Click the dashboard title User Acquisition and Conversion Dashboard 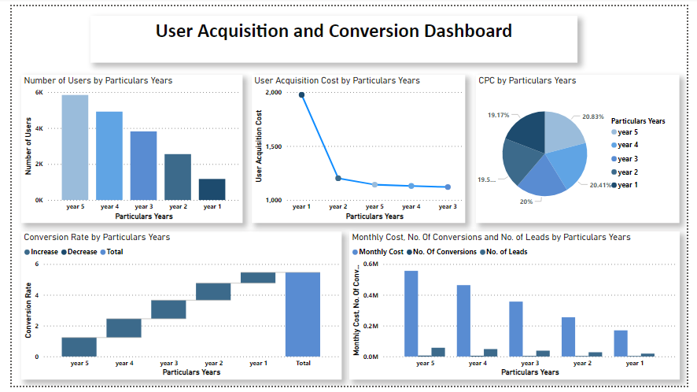tap(334, 31)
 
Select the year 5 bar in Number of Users tap(75, 147)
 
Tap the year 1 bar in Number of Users tap(212, 190)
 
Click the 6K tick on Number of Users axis tap(39, 93)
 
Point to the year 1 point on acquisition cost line tap(301, 95)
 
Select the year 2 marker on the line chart tap(338, 179)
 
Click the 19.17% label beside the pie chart tap(497, 115)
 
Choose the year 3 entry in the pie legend tap(627, 159)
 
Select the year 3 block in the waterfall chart tap(168, 309)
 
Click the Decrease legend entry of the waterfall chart tap(79, 252)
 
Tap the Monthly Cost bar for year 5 tap(411, 313)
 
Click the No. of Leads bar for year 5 tap(438, 352)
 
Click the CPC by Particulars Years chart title tap(527, 80)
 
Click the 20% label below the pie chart tap(526, 202)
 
